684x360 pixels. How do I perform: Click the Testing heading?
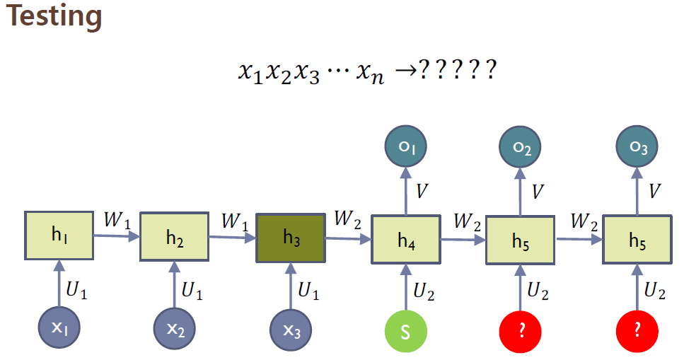pos(54,16)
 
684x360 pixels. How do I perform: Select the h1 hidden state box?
pos(59,236)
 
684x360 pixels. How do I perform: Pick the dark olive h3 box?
pos(290,238)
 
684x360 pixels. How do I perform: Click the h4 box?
pos(405,240)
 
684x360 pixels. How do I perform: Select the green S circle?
pos(405,331)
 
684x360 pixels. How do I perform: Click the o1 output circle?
pos(405,147)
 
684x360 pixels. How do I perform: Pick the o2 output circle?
pos(521,147)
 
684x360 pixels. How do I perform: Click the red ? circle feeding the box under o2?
pos(521,331)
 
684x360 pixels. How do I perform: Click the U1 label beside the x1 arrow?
pos(79,288)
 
